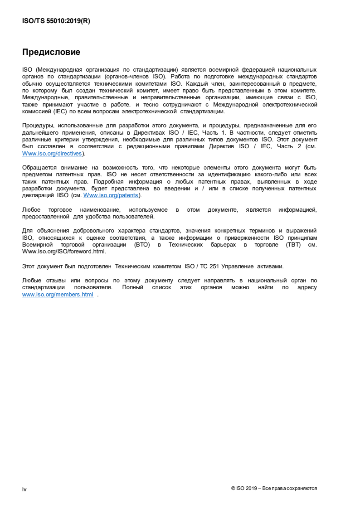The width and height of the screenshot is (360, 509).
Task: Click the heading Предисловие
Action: pyautogui.click(x=51, y=52)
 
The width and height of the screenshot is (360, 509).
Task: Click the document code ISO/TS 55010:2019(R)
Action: pyautogui.click(x=56, y=21)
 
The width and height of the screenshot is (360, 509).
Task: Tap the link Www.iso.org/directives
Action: pyautogui.click(x=52, y=154)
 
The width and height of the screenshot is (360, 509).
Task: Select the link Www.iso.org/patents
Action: pyautogui.click(x=112, y=195)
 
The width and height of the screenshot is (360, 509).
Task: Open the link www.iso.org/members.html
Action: pyautogui.click(x=58, y=294)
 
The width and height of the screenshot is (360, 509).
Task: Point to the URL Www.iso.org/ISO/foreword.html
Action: pyautogui.click(x=64, y=252)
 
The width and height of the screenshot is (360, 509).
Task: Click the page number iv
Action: pyautogui.click(x=24, y=489)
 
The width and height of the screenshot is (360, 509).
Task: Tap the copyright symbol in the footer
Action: pyautogui.click(x=233, y=488)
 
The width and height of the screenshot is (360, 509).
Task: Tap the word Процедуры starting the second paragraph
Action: pyautogui.click(x=38, y=125)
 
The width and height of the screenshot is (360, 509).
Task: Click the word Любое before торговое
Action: pyautogui.click(x=32, y=210)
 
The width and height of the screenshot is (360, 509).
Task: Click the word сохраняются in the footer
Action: pyautogui.click(x=302, y=488)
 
